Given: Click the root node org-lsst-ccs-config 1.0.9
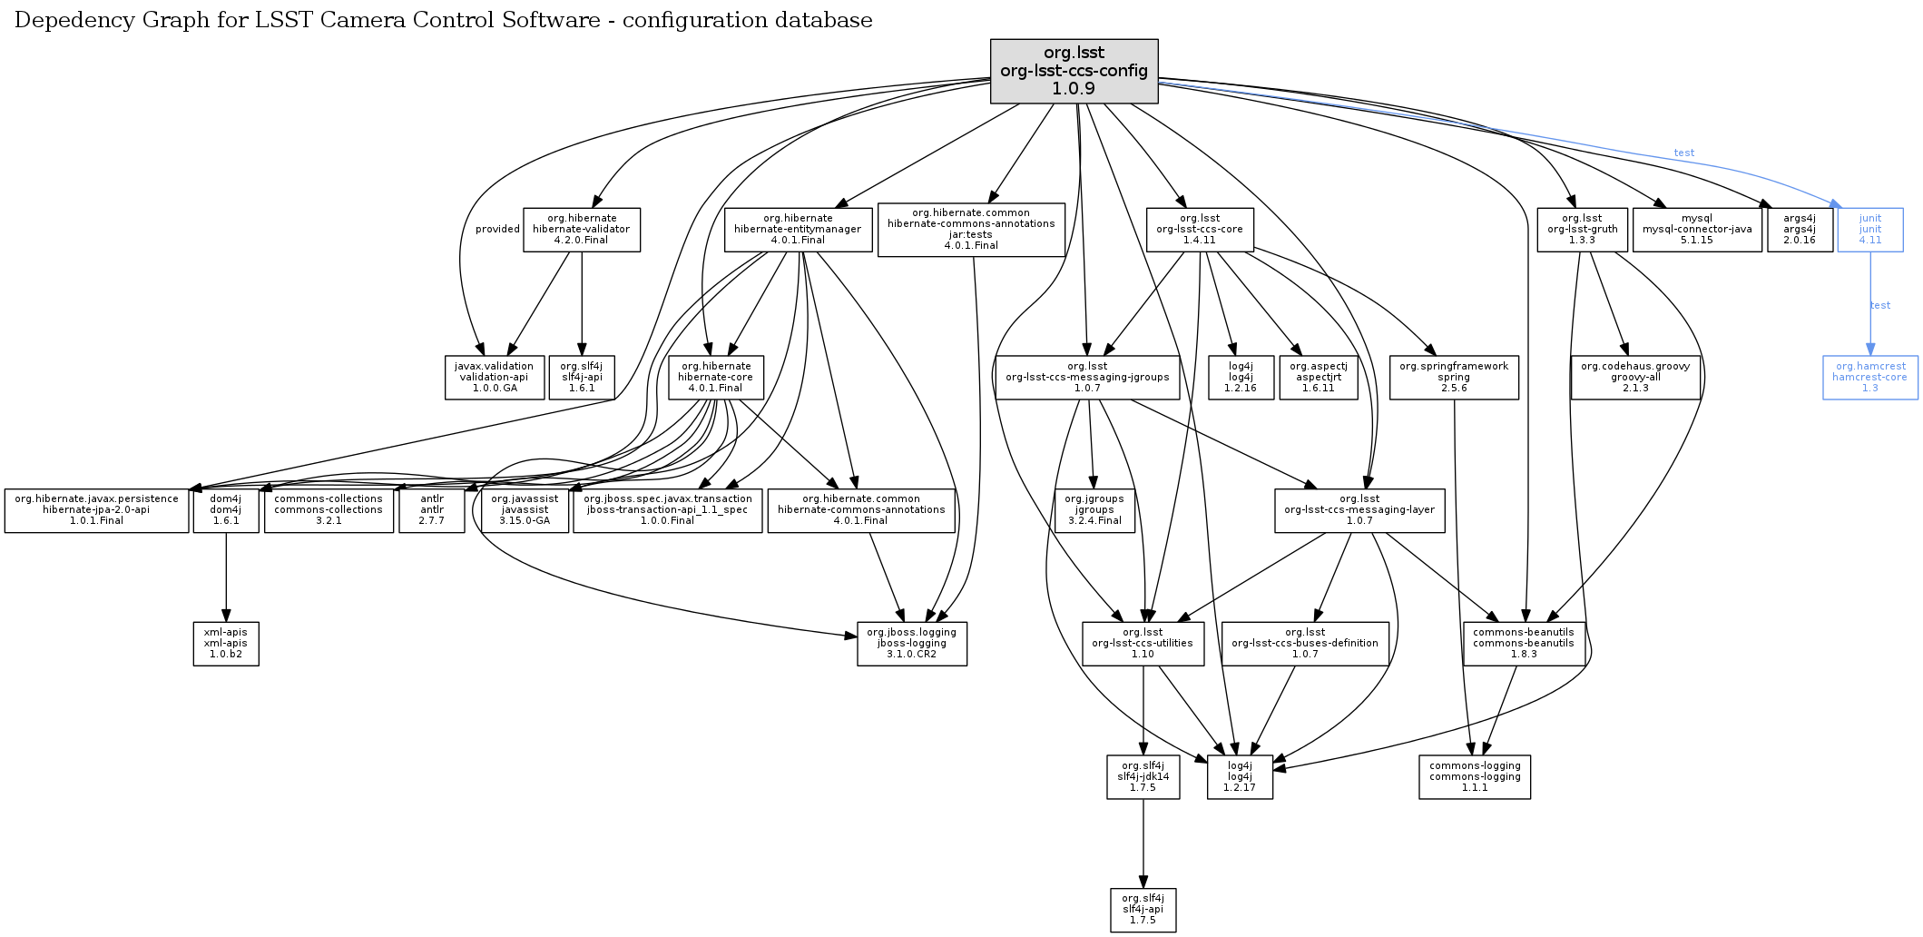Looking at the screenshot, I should (1074, 71).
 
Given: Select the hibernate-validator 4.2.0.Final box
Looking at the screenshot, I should (581, 230).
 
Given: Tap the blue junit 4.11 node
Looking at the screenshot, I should (1869, 230).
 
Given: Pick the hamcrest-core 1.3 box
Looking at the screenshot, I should (1869, 377).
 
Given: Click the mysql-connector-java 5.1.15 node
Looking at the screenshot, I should (1696, 230).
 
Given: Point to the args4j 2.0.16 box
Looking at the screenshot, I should (1799, 230).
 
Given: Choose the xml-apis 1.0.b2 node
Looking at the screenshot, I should (226, 643).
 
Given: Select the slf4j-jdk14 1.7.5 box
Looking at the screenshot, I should (1143, 776).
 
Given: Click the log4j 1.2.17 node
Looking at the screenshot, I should (1240, 776).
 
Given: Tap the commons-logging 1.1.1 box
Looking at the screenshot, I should (1474, 776).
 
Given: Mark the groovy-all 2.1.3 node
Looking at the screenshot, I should (1634, 377).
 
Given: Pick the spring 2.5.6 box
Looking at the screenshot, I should (1453, 377).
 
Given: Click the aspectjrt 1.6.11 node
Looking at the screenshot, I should (1318, 377).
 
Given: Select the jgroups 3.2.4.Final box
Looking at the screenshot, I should (1094, 509).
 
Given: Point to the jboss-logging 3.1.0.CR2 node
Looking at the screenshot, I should (911, 643).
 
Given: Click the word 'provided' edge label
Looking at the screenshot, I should (497, 229).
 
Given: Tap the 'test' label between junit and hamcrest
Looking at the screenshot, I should (1879, 305).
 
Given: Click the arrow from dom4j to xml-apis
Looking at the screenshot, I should (226, 577).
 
